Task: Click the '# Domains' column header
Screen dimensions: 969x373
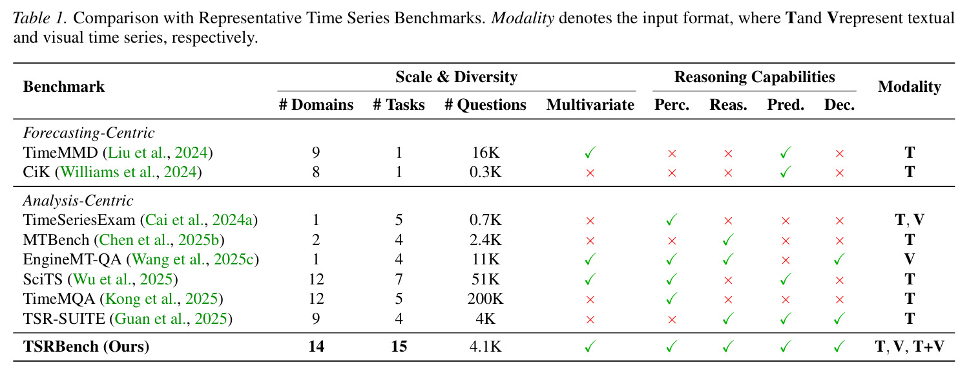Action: coord(317,105)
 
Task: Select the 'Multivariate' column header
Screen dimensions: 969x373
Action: coord(590,105)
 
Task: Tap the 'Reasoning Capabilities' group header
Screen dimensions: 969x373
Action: coord(755,77)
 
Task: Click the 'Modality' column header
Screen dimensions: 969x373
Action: coord(910,87)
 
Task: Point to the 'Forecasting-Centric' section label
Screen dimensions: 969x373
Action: coord(89,133)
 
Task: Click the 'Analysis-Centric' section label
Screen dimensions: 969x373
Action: coord(78,200)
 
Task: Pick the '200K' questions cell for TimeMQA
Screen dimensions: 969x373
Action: coord(485,299)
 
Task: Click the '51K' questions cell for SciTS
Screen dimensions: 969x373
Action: coord(485,279)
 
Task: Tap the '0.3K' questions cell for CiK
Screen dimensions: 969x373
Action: coord(485,172)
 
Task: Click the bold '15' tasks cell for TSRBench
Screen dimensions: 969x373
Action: coord(399,346)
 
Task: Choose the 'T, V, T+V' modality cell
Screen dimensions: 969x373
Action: coord(910,346)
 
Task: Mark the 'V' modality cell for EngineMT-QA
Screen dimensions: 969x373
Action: coord(910,259)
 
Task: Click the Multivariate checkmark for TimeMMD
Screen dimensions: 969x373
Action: coord(590,153)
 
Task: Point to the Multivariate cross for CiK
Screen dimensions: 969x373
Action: coord(590,173)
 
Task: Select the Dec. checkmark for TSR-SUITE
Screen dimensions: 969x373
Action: coord(839,319)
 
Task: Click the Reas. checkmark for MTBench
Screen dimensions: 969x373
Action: coord(728,239)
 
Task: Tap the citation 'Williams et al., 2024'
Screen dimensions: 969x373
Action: coord(129,172)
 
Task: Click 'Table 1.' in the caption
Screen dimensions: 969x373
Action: coord(39,18)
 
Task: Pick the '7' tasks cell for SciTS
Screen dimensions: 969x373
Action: coord(399,279)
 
